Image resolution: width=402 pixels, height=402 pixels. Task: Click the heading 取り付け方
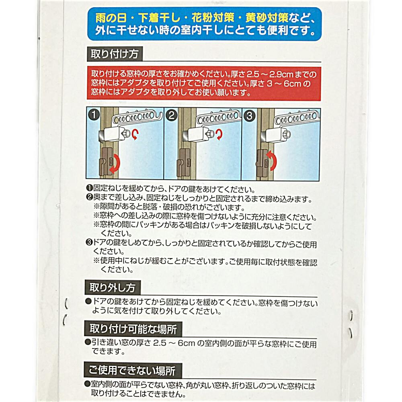pyautogui.click(x=115, y=54)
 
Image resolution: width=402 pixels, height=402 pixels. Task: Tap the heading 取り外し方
pyautogui.click(x=112, y=288)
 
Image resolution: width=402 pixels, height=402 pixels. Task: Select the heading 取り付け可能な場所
pyautogui.click(x=133, y=329)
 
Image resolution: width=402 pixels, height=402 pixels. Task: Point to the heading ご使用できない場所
pyautogui.click(x=132, y=370)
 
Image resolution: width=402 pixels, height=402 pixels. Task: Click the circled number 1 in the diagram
pyautogui.click(x=94, y=115)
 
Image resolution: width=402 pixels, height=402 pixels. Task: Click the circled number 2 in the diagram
pyautogui.click(x=172, y=115)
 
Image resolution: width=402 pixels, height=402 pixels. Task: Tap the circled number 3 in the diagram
pyautogui.click(x=249, y=116)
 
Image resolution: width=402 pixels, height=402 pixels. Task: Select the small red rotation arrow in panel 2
pyautogui.click(x=219, y=134)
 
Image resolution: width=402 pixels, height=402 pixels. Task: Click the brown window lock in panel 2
pyautogui.click(x=184, y=163)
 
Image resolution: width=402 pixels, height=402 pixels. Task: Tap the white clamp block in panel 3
pyautogui.click(x=276, y=135)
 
